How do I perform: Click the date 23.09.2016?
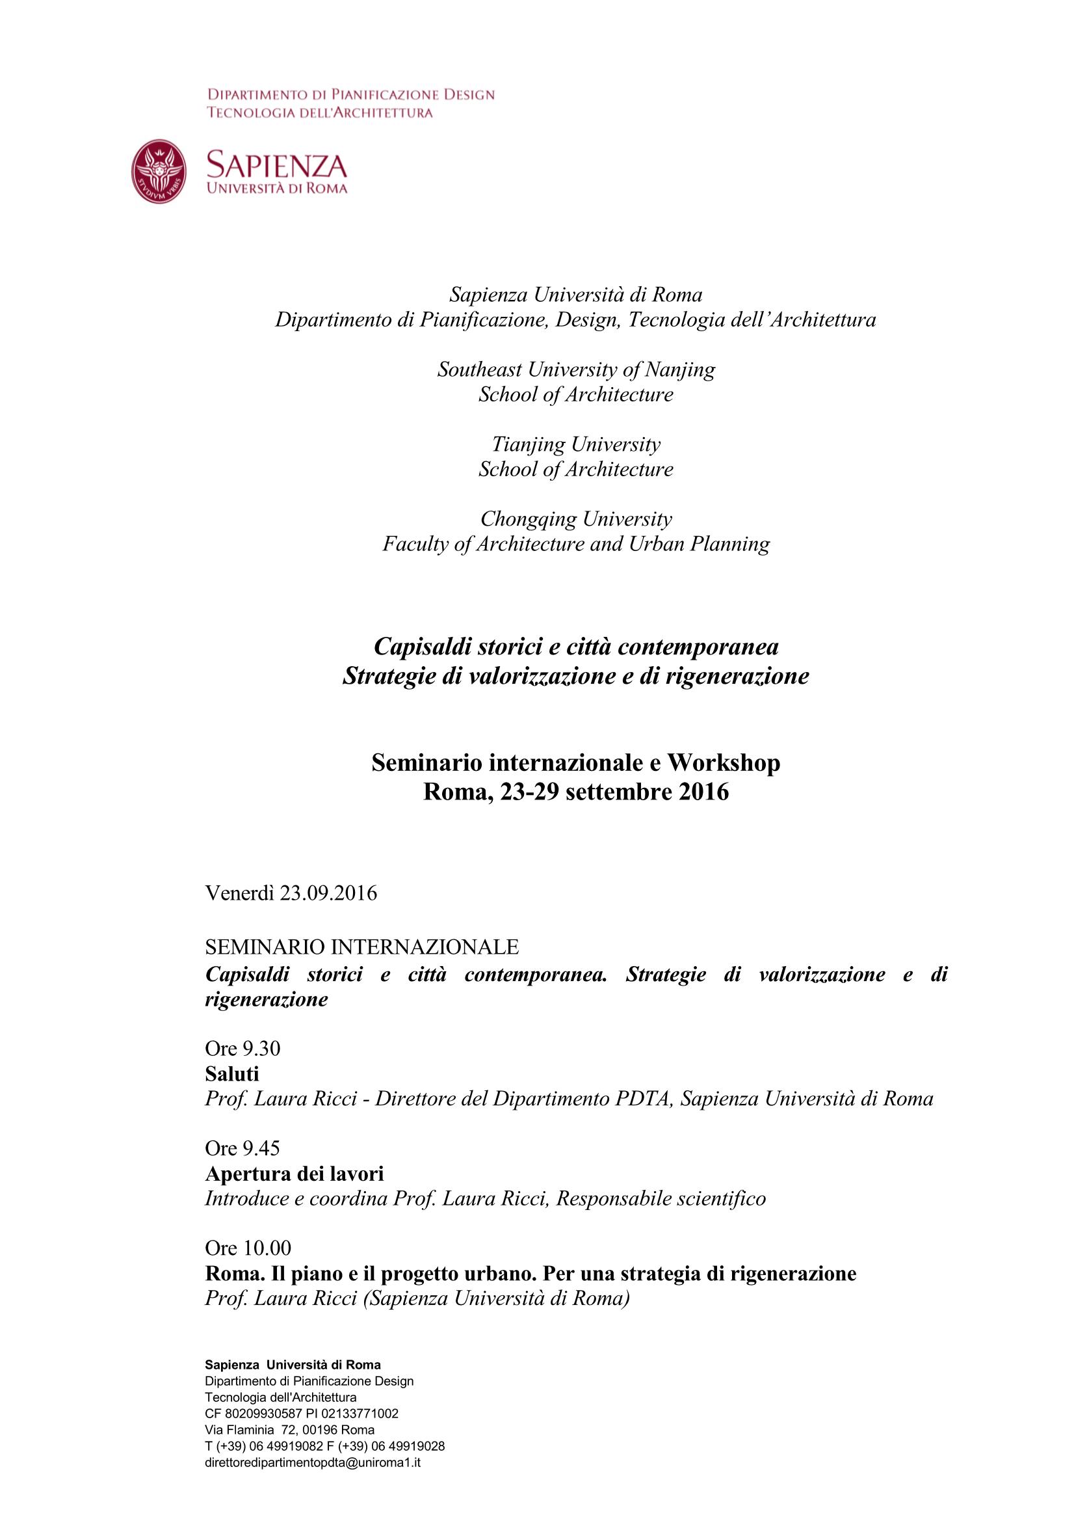point(328,893)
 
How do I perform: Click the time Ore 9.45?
point(242,1148)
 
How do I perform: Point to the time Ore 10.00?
point(248,1247)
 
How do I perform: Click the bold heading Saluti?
point(231,1073)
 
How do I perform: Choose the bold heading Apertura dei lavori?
point(294,1173)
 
